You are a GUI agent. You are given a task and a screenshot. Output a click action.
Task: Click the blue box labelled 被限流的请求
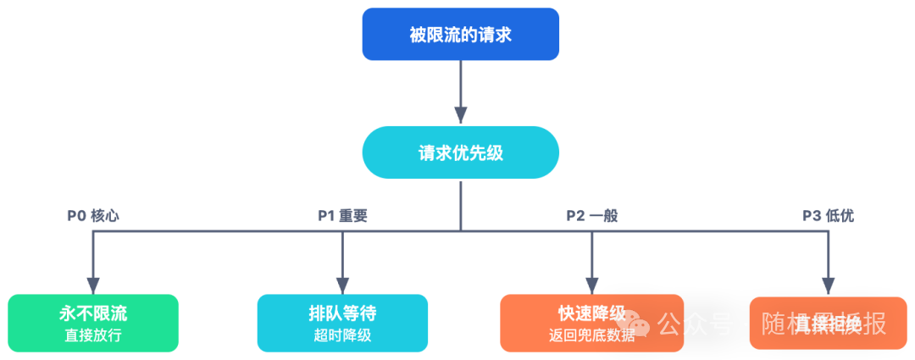click(x=461, y=37)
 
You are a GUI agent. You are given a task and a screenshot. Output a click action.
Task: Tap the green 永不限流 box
click(x=93, y=323)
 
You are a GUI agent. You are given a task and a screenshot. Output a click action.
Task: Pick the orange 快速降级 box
click(x=591, y=323)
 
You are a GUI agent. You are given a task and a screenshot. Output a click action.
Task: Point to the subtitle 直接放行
click(x=93, y=335)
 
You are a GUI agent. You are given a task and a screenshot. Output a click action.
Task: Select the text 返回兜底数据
click(x=591, y=335)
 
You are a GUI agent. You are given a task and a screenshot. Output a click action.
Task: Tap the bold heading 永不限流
click(x=93, y=313)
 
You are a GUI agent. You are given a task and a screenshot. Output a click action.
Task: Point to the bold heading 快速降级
click(x=591, y=313)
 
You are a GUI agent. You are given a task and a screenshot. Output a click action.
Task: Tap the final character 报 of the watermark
click(x=875, y=323)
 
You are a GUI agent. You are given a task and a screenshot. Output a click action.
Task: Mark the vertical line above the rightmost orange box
click(x=840, y=254)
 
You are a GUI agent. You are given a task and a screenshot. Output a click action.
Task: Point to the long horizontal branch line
click(x=457, y=219)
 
